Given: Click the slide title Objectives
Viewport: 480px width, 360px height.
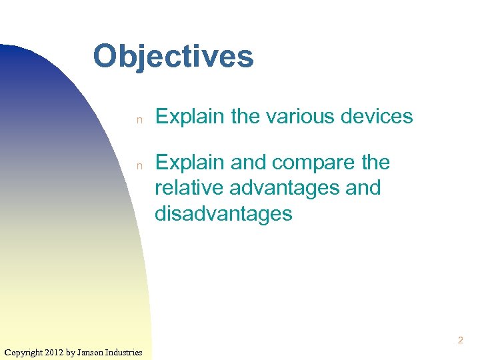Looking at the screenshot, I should click(x=173, y=57).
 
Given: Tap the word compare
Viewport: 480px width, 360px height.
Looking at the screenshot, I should click(x=313, y=163).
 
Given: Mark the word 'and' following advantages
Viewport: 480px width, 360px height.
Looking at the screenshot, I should click(x=363, y=188).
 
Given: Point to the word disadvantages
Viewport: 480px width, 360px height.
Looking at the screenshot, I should click(x=223, y=213).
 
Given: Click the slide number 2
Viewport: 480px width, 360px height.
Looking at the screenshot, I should click(x=460, y=341).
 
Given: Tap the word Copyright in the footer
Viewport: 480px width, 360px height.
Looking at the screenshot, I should click(x=23, y=352).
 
